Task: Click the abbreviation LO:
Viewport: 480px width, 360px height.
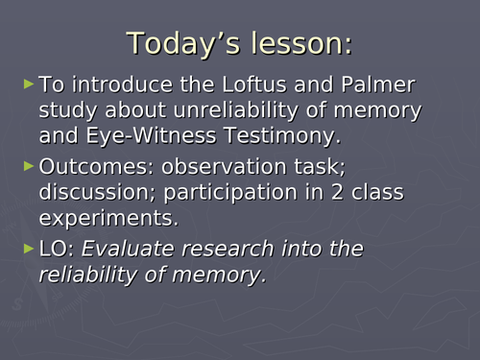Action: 57,250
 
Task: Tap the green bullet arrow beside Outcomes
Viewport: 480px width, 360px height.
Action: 28,167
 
